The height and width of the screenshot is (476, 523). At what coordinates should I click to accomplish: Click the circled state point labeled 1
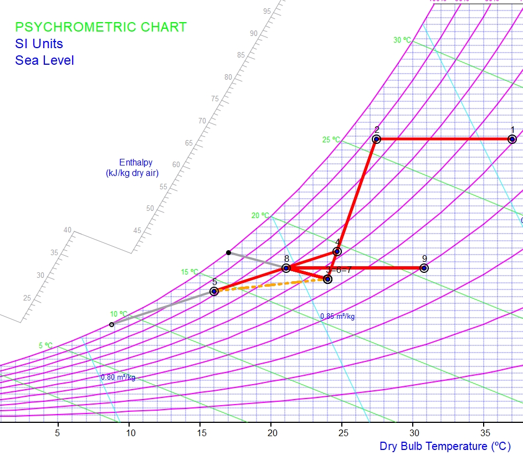click(512, 139)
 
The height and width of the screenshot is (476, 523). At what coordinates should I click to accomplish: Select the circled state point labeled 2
click(376, 139)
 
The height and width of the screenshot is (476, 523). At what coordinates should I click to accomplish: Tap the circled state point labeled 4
click(337, 252)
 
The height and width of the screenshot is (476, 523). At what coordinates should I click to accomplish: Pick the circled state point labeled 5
click(214, 291)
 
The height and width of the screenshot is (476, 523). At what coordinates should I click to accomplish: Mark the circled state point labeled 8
click(286, 268)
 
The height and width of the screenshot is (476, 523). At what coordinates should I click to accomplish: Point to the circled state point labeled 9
click(424, 268)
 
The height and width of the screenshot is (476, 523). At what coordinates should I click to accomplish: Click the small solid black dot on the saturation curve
click(228, 252)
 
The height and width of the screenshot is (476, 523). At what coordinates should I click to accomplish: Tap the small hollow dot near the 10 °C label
click(111, 324)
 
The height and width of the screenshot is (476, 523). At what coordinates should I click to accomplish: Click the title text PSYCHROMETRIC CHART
click(101, 27)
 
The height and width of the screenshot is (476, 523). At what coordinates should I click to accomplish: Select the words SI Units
click(39, 44)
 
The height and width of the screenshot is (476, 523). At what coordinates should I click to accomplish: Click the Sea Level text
click(44, 60)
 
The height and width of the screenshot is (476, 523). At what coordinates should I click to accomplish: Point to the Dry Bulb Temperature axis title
click(445, 446)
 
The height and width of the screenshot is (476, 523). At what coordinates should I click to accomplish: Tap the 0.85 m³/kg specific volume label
click(337, 317)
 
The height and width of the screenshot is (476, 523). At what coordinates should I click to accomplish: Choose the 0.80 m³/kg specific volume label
click(117, 377)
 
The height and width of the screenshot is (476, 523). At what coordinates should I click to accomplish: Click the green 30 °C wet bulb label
click(402, 40)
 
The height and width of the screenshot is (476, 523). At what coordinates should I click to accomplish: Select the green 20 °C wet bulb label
click(260, 215)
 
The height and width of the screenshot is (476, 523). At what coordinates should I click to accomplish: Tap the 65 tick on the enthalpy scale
click(189, 143)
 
